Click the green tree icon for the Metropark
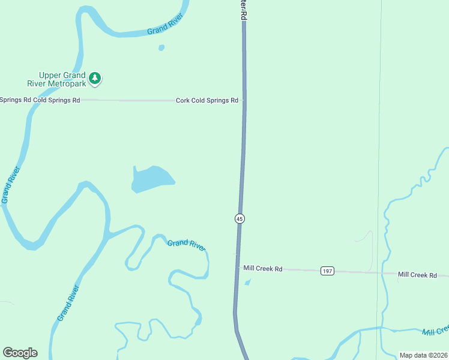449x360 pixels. [x=95, y=78]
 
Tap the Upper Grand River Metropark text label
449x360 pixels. [x=62, y=79]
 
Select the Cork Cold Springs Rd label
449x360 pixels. [x=207, y=100]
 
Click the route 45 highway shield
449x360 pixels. [x=240, y=218]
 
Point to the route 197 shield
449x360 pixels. [x=327, y=271]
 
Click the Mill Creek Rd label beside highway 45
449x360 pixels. [x=263, y=268]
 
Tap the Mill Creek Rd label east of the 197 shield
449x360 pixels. [x=417, y=275]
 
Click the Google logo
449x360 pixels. [x=20, y=353]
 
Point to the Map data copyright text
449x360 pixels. [x=423, y=355]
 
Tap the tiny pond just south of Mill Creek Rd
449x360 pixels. [x=248, y=282]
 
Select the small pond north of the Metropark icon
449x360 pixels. [x=161, y=47]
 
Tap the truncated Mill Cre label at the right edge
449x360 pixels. [x=435, y=331]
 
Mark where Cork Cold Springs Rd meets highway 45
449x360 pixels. [x=244, y=101]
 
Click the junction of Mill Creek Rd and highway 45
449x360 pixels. [x=237, y=269]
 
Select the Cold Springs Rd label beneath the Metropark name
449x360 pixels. [x=56, y=100]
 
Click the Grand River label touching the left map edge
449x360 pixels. [x=8, y=185]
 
